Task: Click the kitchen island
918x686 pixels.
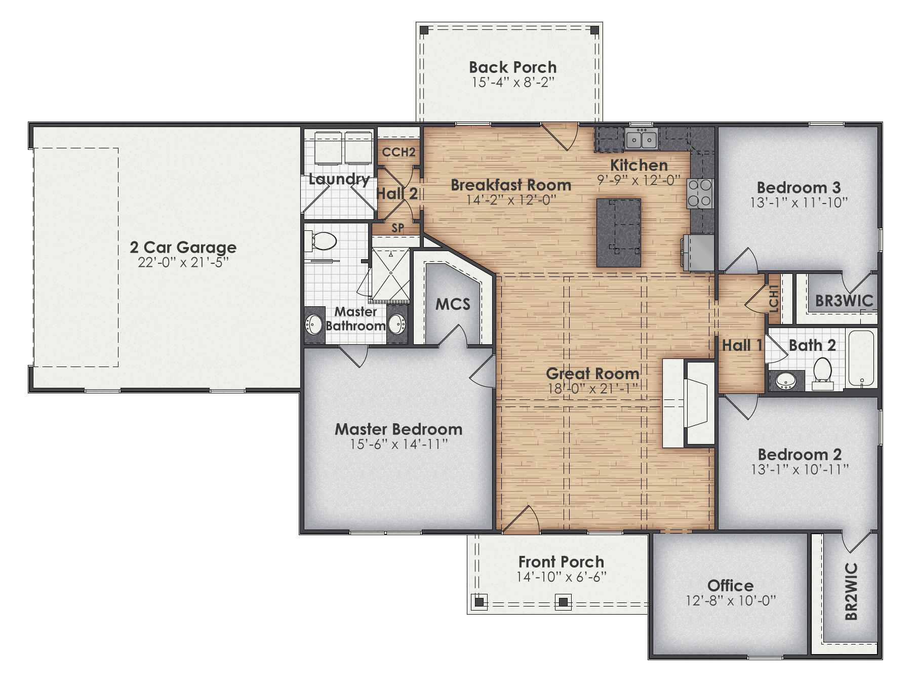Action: coord(618,232)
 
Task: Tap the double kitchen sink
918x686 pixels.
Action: coord(641,138)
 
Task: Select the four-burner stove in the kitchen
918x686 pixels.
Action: coord(699,193)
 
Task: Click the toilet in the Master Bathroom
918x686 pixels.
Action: coord(323,241)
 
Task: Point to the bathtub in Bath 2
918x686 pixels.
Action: coord(861,358)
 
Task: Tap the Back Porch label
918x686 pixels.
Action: coord(512,67)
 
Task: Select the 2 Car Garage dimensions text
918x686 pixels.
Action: coord(183,262)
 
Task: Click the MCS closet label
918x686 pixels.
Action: coord(453,304)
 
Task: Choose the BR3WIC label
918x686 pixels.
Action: coord(844,301)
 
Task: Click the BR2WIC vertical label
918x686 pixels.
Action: coord(851,591)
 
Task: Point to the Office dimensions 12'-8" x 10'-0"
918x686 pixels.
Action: coord(731,600)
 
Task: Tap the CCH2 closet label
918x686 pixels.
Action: coord(398,152)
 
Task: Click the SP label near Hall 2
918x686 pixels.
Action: coord(398,228)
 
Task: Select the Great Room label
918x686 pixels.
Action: coord(592,374)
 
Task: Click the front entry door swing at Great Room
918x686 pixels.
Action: coord(522,519)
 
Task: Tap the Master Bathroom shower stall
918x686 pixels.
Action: coord(391,275)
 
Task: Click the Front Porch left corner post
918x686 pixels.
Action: coord(479,602)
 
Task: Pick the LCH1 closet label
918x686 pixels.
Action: coord(773,299)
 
